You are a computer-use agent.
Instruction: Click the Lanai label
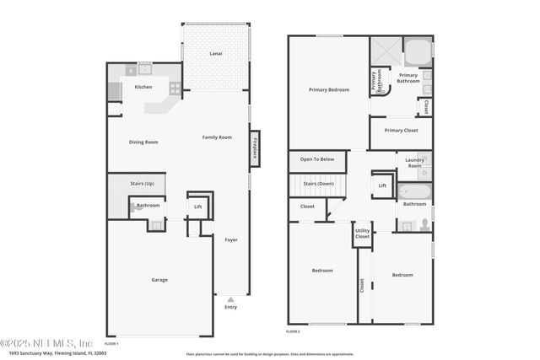216,54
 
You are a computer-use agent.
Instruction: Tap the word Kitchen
143,87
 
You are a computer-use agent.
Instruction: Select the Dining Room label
143,142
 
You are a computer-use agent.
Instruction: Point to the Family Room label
217,137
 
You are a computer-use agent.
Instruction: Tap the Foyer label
230,239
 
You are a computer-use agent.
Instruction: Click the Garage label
159,279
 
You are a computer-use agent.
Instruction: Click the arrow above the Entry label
230,298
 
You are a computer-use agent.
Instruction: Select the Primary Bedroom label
328,89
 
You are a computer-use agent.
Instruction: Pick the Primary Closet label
401,130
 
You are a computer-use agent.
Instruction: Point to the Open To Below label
316,159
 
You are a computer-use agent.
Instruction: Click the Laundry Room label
414,163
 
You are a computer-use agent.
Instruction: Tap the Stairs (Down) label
319,183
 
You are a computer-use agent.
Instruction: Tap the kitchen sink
144,68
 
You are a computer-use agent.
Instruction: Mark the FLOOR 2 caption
293,332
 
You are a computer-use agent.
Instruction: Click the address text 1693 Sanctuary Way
29,352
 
